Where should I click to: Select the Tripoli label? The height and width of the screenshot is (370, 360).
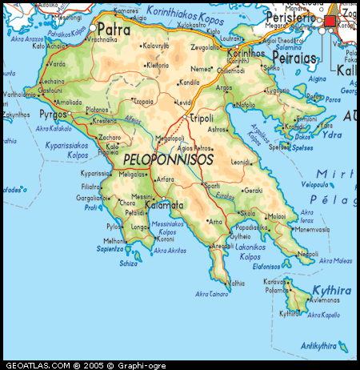(201, 118)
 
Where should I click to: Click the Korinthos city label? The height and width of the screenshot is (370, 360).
(260, 54)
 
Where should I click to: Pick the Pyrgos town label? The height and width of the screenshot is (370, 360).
(53, 115)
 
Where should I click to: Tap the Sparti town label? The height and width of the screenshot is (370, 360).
(211, 185)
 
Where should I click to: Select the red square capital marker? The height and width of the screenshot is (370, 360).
(330, 22)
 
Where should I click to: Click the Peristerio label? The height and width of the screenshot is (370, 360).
(290, 16)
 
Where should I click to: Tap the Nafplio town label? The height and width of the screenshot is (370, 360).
(246, 105)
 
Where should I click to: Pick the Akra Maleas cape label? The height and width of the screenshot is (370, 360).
(337, 260)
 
